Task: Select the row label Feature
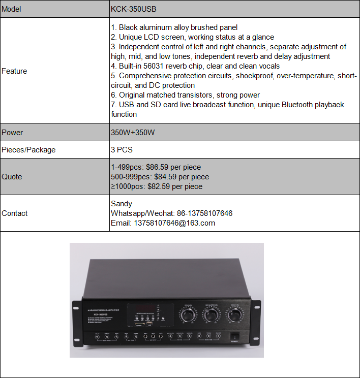pos(15,71)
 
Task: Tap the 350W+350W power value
pos(133,133)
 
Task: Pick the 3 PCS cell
pos(122,150)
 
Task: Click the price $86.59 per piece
pos(173,167)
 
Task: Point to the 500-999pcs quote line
pos(160,177)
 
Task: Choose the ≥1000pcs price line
pos(157,186)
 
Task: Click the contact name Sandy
pos(122,204)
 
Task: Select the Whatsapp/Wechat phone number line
pos(172,213)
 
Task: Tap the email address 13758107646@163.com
pos(174,223)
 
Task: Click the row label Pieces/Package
pos(28,150)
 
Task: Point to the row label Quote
pos(12,177)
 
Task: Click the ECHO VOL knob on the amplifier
pos(187,315)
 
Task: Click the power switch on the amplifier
pos(234,335)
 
